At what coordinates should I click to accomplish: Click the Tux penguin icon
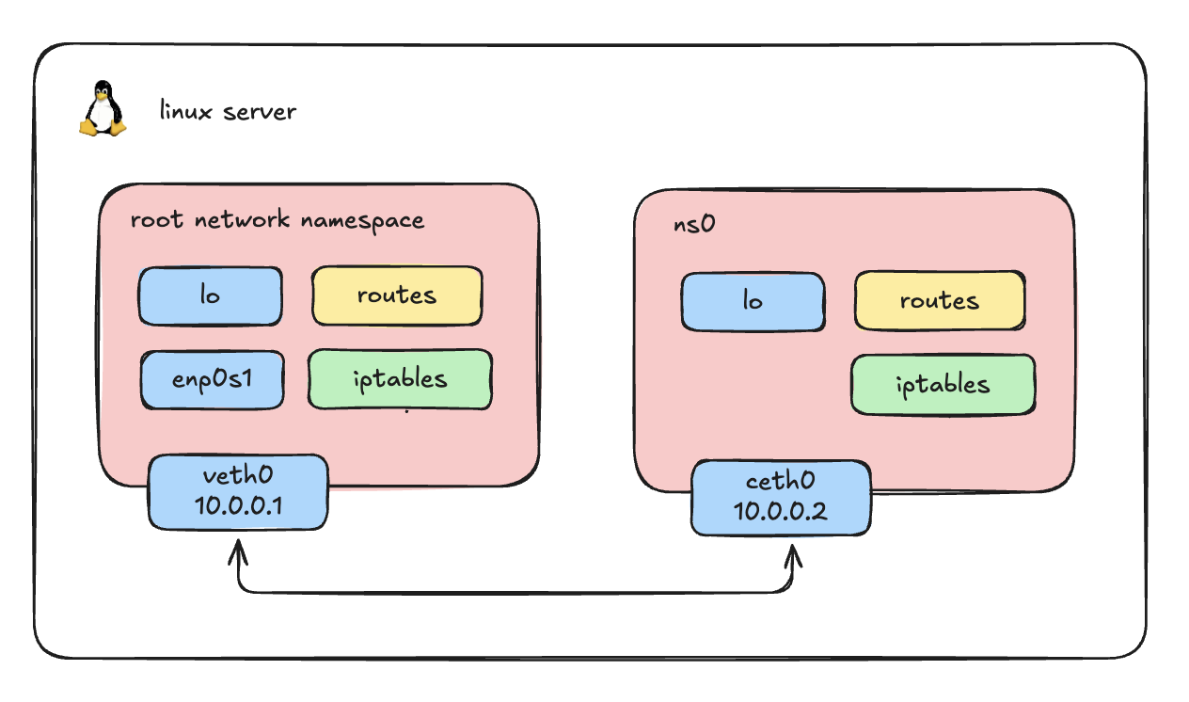[102, 109]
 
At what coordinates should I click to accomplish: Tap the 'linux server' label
[228, 111]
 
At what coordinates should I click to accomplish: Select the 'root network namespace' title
[277, 220]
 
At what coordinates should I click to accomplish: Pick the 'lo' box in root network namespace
[211, 295]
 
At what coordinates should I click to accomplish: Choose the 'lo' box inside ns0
[753, 302]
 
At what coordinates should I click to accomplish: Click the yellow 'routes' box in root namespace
[397, 295]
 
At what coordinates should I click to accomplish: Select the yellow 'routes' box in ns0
[940, 301]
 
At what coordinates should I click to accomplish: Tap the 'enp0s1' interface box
[212, 380]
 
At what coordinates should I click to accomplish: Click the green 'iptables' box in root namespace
[400, 379]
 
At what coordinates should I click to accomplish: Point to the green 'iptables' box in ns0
[943, 384]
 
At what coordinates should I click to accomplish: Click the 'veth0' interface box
[238, 492]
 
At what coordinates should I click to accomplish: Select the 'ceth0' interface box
[781, 497]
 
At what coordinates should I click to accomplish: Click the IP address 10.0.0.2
[781, 512]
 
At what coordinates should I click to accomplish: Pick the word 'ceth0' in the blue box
[781, 482]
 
